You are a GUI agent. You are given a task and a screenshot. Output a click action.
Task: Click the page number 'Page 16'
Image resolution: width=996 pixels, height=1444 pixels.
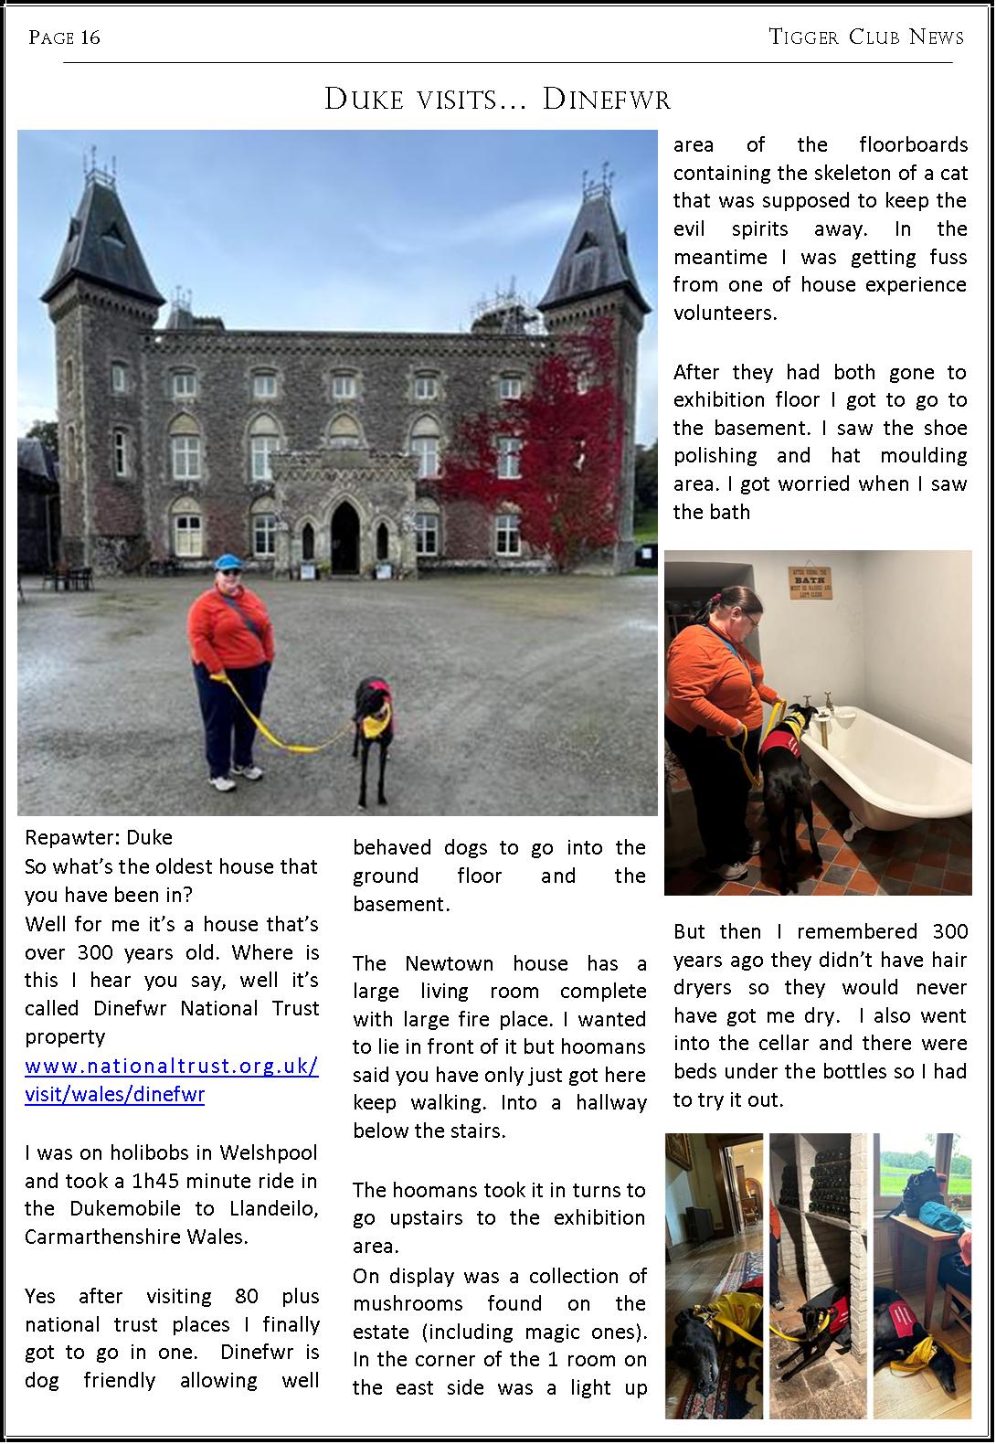point(64,37)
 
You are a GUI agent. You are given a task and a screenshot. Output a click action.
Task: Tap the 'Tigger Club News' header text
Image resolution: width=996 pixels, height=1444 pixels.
point(866,37)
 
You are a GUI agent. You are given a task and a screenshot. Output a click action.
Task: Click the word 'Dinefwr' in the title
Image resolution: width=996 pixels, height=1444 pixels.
point(606,99)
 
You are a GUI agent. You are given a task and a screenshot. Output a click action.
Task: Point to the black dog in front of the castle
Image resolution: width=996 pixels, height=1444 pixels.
point(373,731)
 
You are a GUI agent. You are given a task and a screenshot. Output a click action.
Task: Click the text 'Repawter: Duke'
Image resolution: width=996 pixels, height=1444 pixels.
point(99,837)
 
